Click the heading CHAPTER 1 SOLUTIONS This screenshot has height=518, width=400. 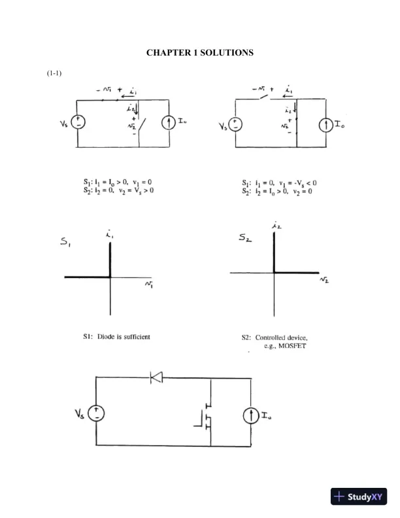(199, 52)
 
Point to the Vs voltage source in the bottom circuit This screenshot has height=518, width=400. (96, 412)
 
